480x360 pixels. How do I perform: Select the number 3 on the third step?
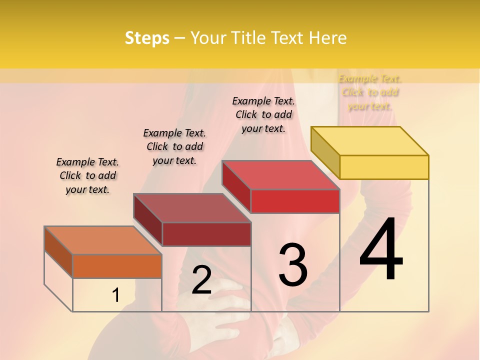pyautogui.click(x=293, y=264)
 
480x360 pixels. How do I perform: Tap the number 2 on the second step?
pyautogui.click(x=202, y=280)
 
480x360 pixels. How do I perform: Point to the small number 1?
pyautogui.click(x=115, y=295)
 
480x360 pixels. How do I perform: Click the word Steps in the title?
pyautogui.click(x=147, y=38)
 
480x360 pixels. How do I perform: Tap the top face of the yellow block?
pyautogui.click(x=370, y=140)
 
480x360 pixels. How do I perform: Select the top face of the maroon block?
pyautogui.click(x=192, y=208)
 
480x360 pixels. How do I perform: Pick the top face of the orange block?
pyautogui.click(x=103, y=240)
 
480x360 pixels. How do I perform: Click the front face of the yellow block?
pyautogui.click(x=384, y=167)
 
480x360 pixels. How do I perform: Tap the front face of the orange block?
pyautogui.click(x=117, y=266)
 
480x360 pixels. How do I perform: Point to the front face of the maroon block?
pyautogui.click(x=206, y=234)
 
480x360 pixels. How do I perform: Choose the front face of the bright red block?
pyautogui.click(x=295, y=201)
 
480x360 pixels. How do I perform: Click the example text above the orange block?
pyautogui.click(x=87, y=175)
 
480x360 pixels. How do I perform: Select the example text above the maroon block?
pyautogui.click(x=174, y=146)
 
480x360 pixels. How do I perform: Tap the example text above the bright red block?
pyautogui.click(x=263, y=114)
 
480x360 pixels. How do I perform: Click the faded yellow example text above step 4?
pyautogui.click(x=370, y=92)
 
